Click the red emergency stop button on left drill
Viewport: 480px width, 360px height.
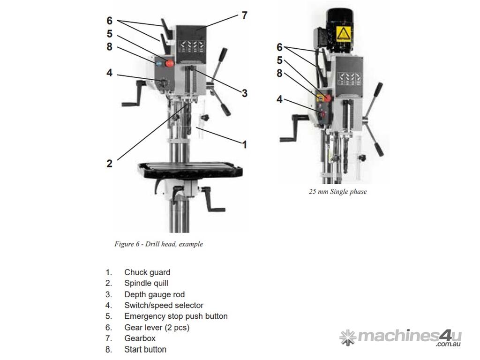point(170,63)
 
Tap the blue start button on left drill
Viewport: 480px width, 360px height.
point(159,63)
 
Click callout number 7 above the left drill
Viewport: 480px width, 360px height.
point(244,15)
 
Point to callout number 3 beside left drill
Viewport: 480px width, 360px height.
point(244,93)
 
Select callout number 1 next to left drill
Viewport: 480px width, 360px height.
point(244,144)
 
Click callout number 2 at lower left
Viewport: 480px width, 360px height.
point(109,164)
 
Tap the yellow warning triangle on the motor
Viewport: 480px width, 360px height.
point(343,33)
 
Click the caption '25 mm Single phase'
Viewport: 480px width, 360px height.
point(337,192)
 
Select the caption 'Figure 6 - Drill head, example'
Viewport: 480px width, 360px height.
point(158,244)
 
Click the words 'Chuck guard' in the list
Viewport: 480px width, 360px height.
point(147,272)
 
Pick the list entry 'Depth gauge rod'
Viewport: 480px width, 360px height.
point(154,294)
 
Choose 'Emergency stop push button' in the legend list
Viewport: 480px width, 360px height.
point(176,316)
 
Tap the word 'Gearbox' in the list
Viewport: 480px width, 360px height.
point(140,338)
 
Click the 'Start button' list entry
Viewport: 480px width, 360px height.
point(145,349)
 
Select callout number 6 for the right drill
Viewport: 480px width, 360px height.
point(279,47)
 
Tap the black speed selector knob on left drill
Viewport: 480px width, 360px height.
point(163,84)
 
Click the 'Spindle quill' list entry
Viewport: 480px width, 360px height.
point(146,283)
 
